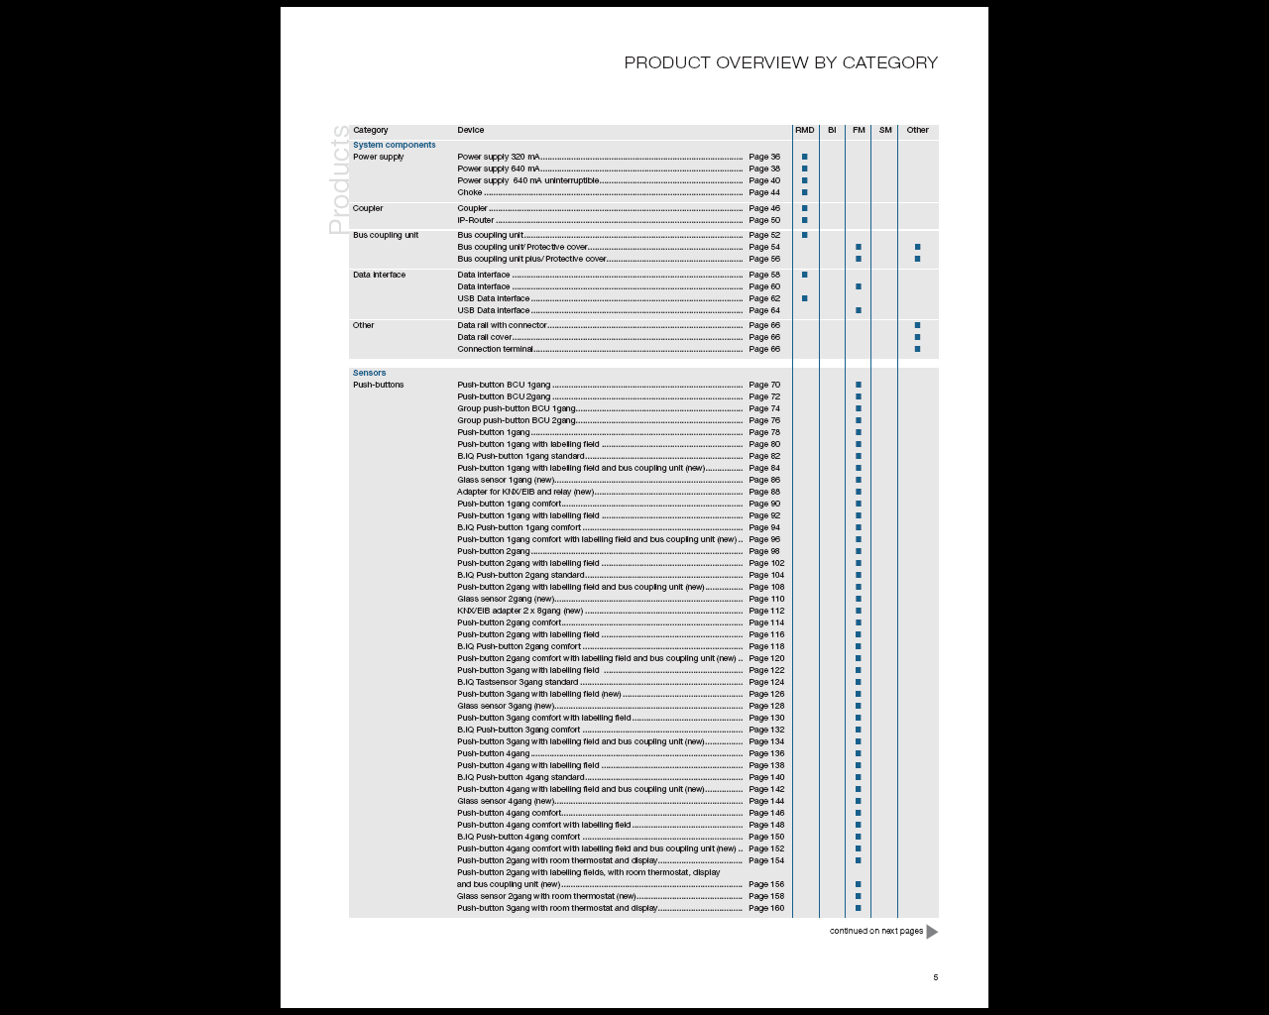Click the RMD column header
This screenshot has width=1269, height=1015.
click(x=804, y=130)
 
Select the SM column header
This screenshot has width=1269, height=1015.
click(x=885, y=130)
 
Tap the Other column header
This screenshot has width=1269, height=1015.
click(x=917, y=130)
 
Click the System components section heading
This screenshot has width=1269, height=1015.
click(x=394, y=145)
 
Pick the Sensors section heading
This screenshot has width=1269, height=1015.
click(x=369, y=373)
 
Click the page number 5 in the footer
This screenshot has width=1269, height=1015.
click(x=935, y=977)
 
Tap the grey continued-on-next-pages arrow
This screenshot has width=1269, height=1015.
click(x=932, y=931)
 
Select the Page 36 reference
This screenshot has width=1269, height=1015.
click(x=764, y=157)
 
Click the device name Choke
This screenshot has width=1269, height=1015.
click(x=470, y=192)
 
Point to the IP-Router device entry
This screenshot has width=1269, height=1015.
click(x=476, y=220)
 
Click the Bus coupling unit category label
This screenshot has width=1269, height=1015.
click(x=386, y=235)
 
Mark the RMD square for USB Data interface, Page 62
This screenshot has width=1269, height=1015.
click(x=804, y=298)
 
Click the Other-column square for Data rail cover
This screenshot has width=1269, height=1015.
click(x=917, y=337)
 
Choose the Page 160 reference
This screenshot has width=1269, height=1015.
click(x=766, y=908)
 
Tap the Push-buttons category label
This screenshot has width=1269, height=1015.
click(x=378, y=385)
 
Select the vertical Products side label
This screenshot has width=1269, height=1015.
click(x=340, y=179)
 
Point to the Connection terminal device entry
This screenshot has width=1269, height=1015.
click(x=495, y=349)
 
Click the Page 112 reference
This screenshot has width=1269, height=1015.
click(x=766, y=611)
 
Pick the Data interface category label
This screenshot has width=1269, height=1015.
click(x=379, y=275)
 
